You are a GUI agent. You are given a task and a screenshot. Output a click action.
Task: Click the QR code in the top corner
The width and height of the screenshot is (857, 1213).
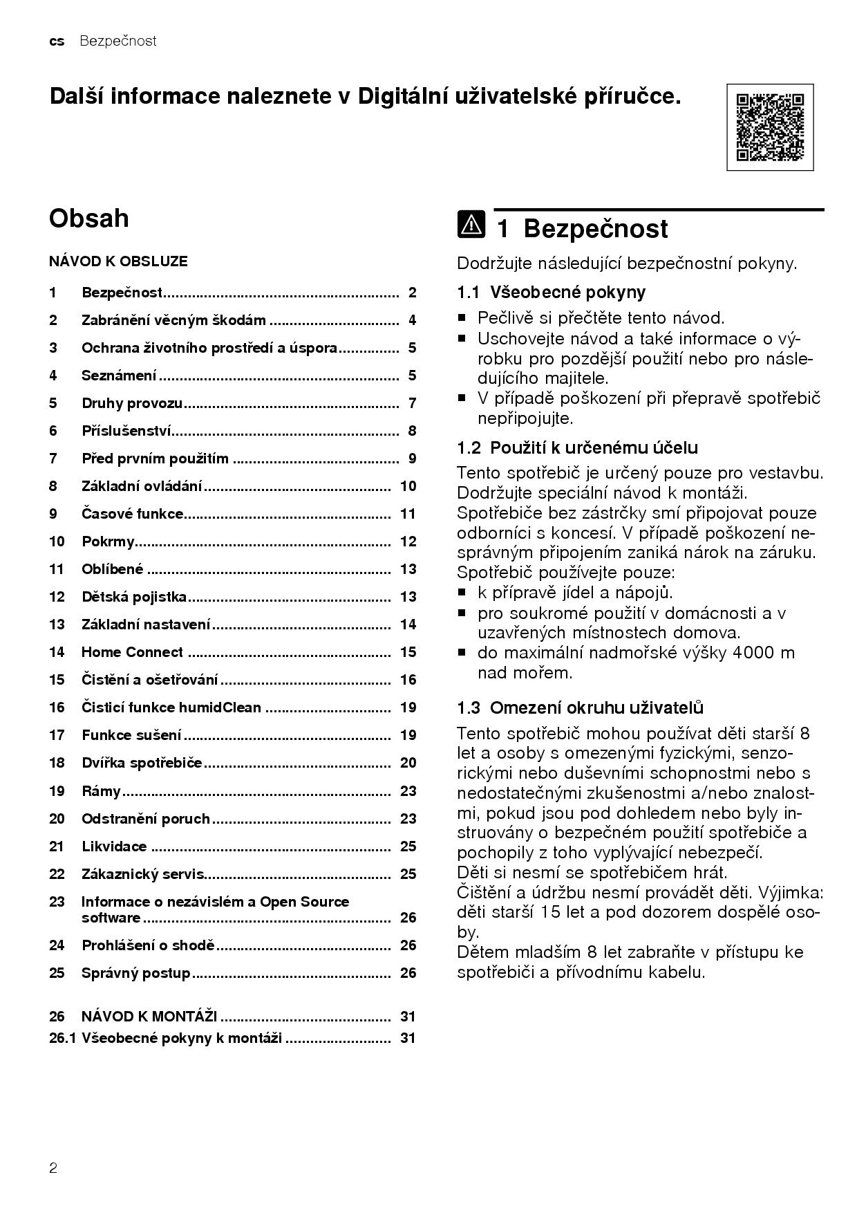point(770,127)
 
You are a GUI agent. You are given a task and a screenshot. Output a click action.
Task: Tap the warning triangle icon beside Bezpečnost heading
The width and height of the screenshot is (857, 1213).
point(471,225)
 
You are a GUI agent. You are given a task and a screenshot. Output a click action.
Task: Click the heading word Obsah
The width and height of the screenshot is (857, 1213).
point(89,219)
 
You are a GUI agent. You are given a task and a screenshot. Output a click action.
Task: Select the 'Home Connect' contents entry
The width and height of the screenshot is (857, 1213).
point(132,652)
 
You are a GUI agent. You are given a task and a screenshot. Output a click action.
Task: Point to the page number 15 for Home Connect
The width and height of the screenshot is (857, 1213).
point(408,652)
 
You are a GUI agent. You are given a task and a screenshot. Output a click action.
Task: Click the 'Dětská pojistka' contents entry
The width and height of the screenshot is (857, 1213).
point(134,597)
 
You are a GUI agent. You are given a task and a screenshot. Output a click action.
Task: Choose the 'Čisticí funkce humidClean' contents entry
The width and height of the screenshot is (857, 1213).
point(171,707)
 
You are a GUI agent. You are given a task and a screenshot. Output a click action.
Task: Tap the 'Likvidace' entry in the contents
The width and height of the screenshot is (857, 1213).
point(114,846)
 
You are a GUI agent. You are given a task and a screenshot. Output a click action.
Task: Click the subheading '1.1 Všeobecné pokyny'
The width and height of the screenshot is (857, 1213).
point(551,293)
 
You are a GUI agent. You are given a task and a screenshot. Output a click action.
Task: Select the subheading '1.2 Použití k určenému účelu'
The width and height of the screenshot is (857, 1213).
point(577,447)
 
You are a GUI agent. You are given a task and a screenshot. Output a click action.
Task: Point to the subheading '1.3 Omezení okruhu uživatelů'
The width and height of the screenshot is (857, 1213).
point(580,707)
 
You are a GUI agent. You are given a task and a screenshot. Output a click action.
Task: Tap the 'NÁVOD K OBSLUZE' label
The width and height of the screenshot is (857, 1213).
point(118,261)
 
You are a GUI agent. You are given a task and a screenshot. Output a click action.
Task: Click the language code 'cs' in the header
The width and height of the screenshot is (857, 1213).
point(57,41)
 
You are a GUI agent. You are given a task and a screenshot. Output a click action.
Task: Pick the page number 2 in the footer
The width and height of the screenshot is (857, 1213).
point(53,1169)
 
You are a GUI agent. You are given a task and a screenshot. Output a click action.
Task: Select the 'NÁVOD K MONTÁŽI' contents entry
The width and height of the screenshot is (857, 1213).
point(149,1017)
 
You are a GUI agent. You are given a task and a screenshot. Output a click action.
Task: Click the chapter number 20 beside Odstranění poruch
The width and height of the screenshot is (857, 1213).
point(57,819)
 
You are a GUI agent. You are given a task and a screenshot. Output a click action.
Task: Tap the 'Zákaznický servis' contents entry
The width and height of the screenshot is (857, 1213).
point(143,874)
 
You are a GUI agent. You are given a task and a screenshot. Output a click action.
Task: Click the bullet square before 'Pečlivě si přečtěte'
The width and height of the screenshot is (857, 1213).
point(462,319)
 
